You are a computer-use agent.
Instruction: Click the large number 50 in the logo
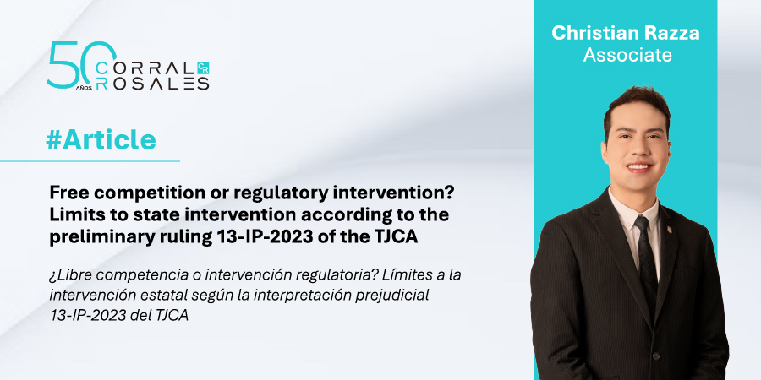pos(82,64)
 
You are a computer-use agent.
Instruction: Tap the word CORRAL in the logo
pos(145,69)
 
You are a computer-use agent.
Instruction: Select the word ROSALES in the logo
pos(152,84)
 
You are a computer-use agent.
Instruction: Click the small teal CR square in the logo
pos(203,68)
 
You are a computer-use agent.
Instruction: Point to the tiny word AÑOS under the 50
pos(84,90)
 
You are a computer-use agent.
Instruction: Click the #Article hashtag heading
pos(101,140)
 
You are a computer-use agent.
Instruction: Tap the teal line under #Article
pos(90,161)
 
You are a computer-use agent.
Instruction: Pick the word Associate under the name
pos(627,54)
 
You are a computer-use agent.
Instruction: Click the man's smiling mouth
pos(638,167)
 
